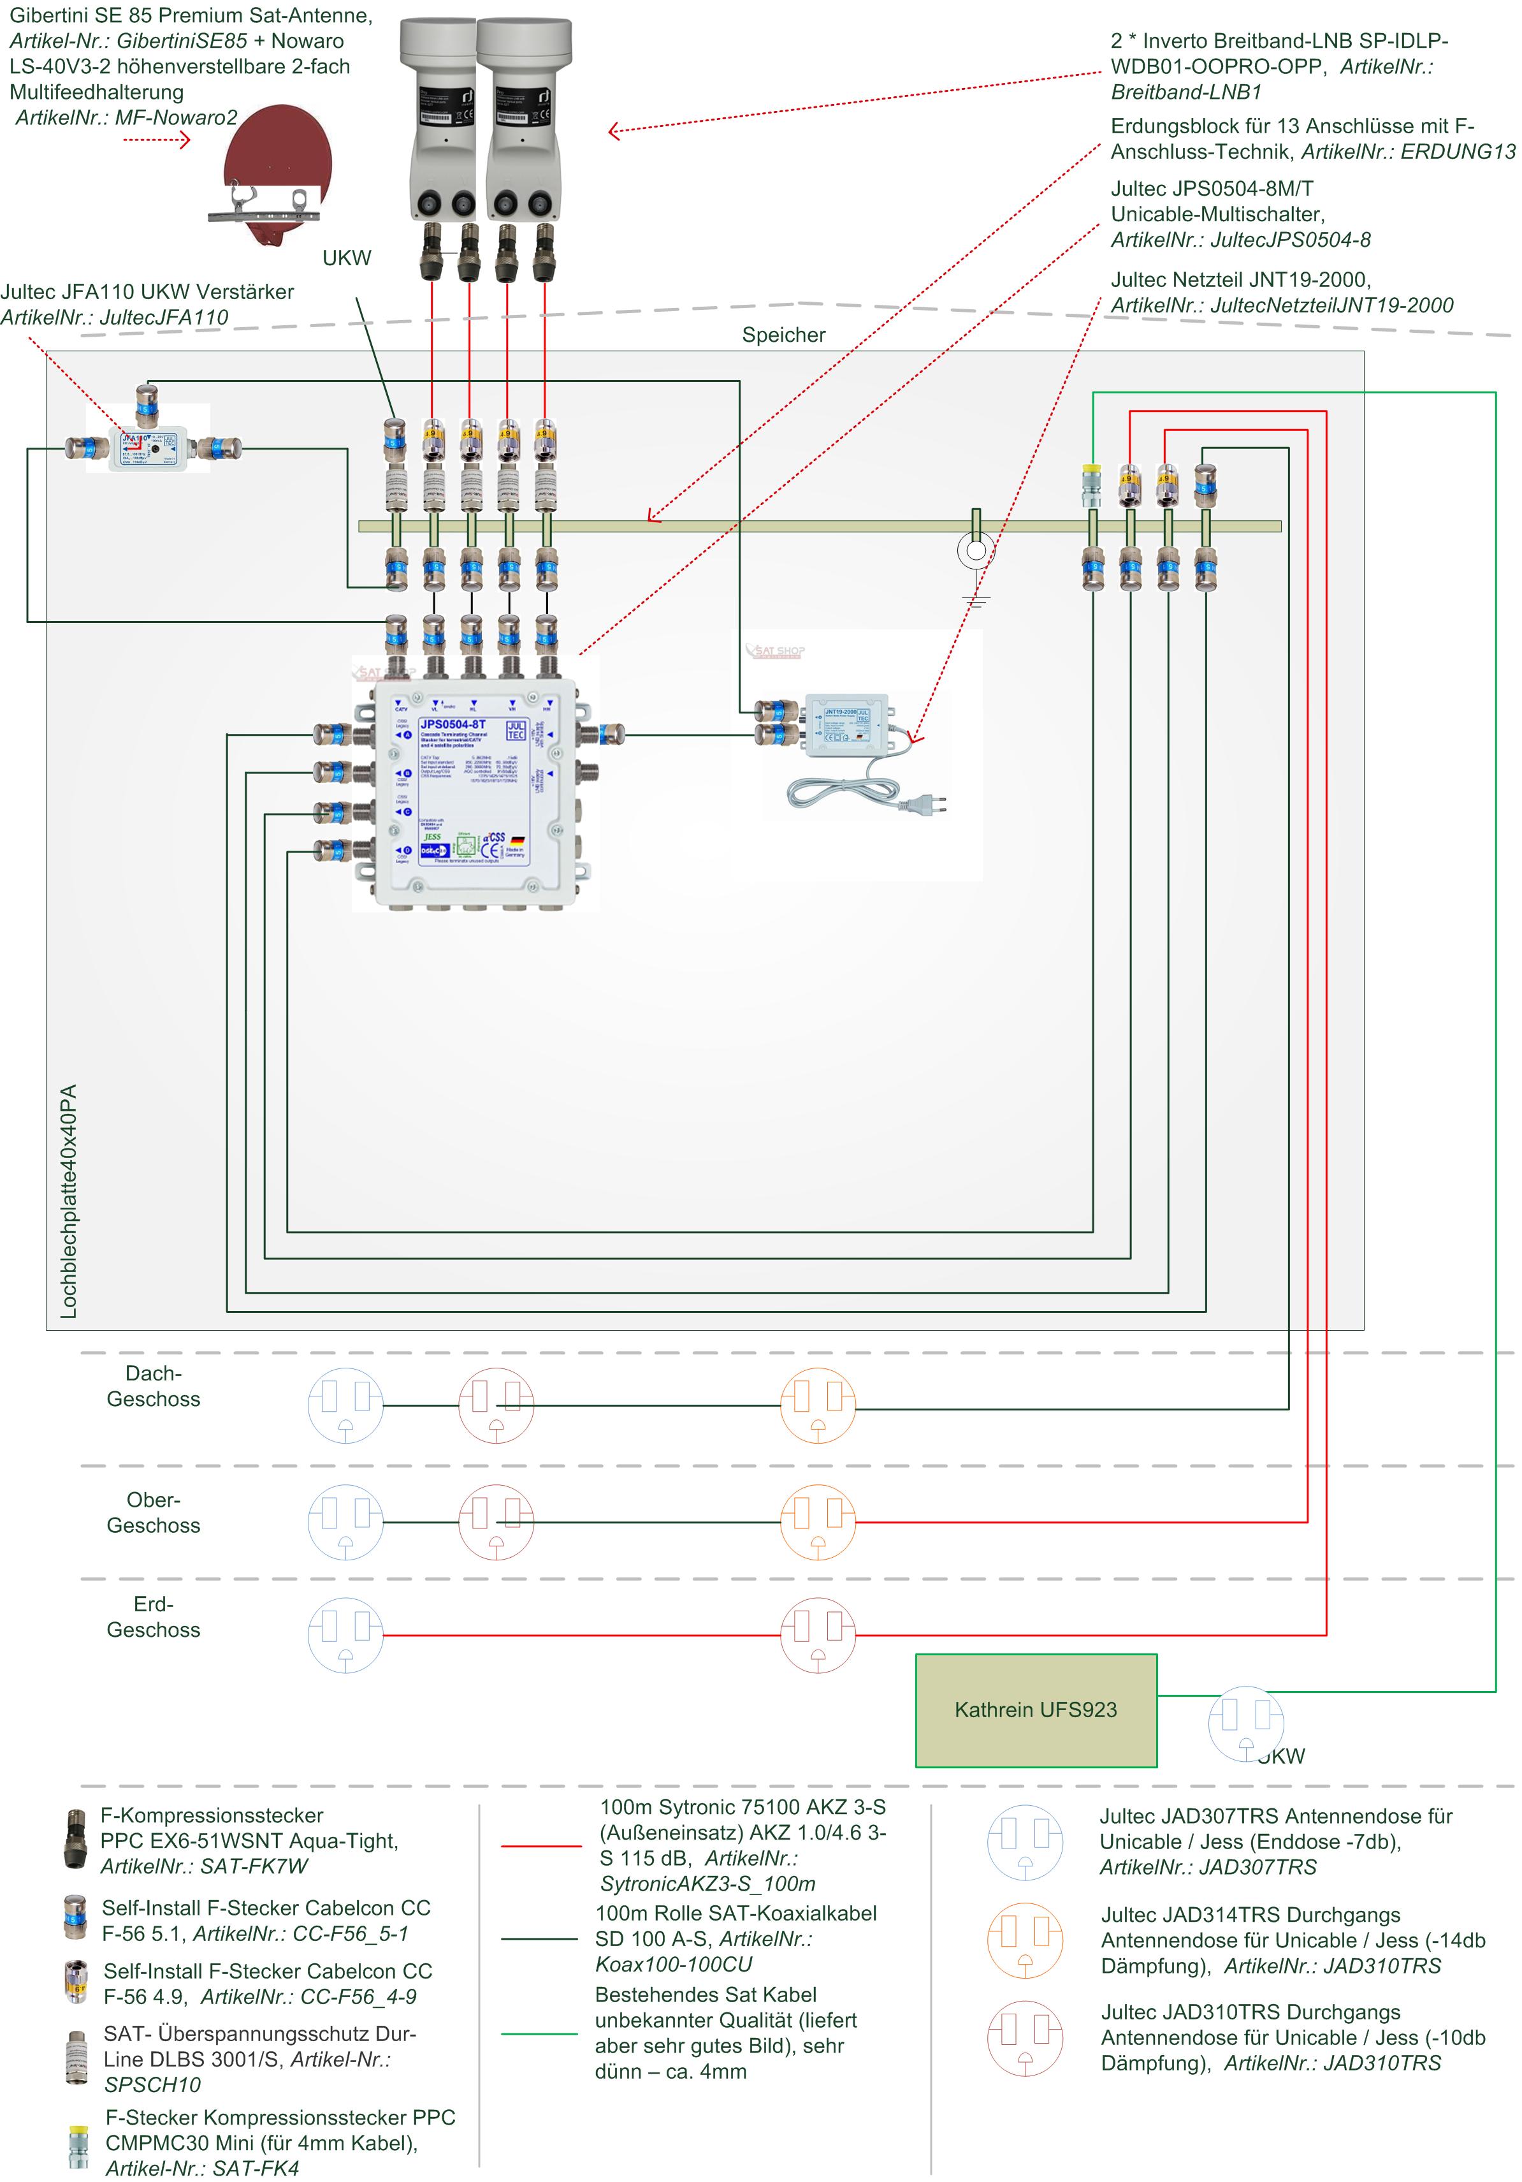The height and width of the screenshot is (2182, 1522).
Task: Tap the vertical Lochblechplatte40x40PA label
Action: click(x=68, y=1201)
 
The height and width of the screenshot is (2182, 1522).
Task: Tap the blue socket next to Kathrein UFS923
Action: click(x=1245, y=1723)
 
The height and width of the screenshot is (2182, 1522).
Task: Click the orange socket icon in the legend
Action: click(x=1024, y=1940)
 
